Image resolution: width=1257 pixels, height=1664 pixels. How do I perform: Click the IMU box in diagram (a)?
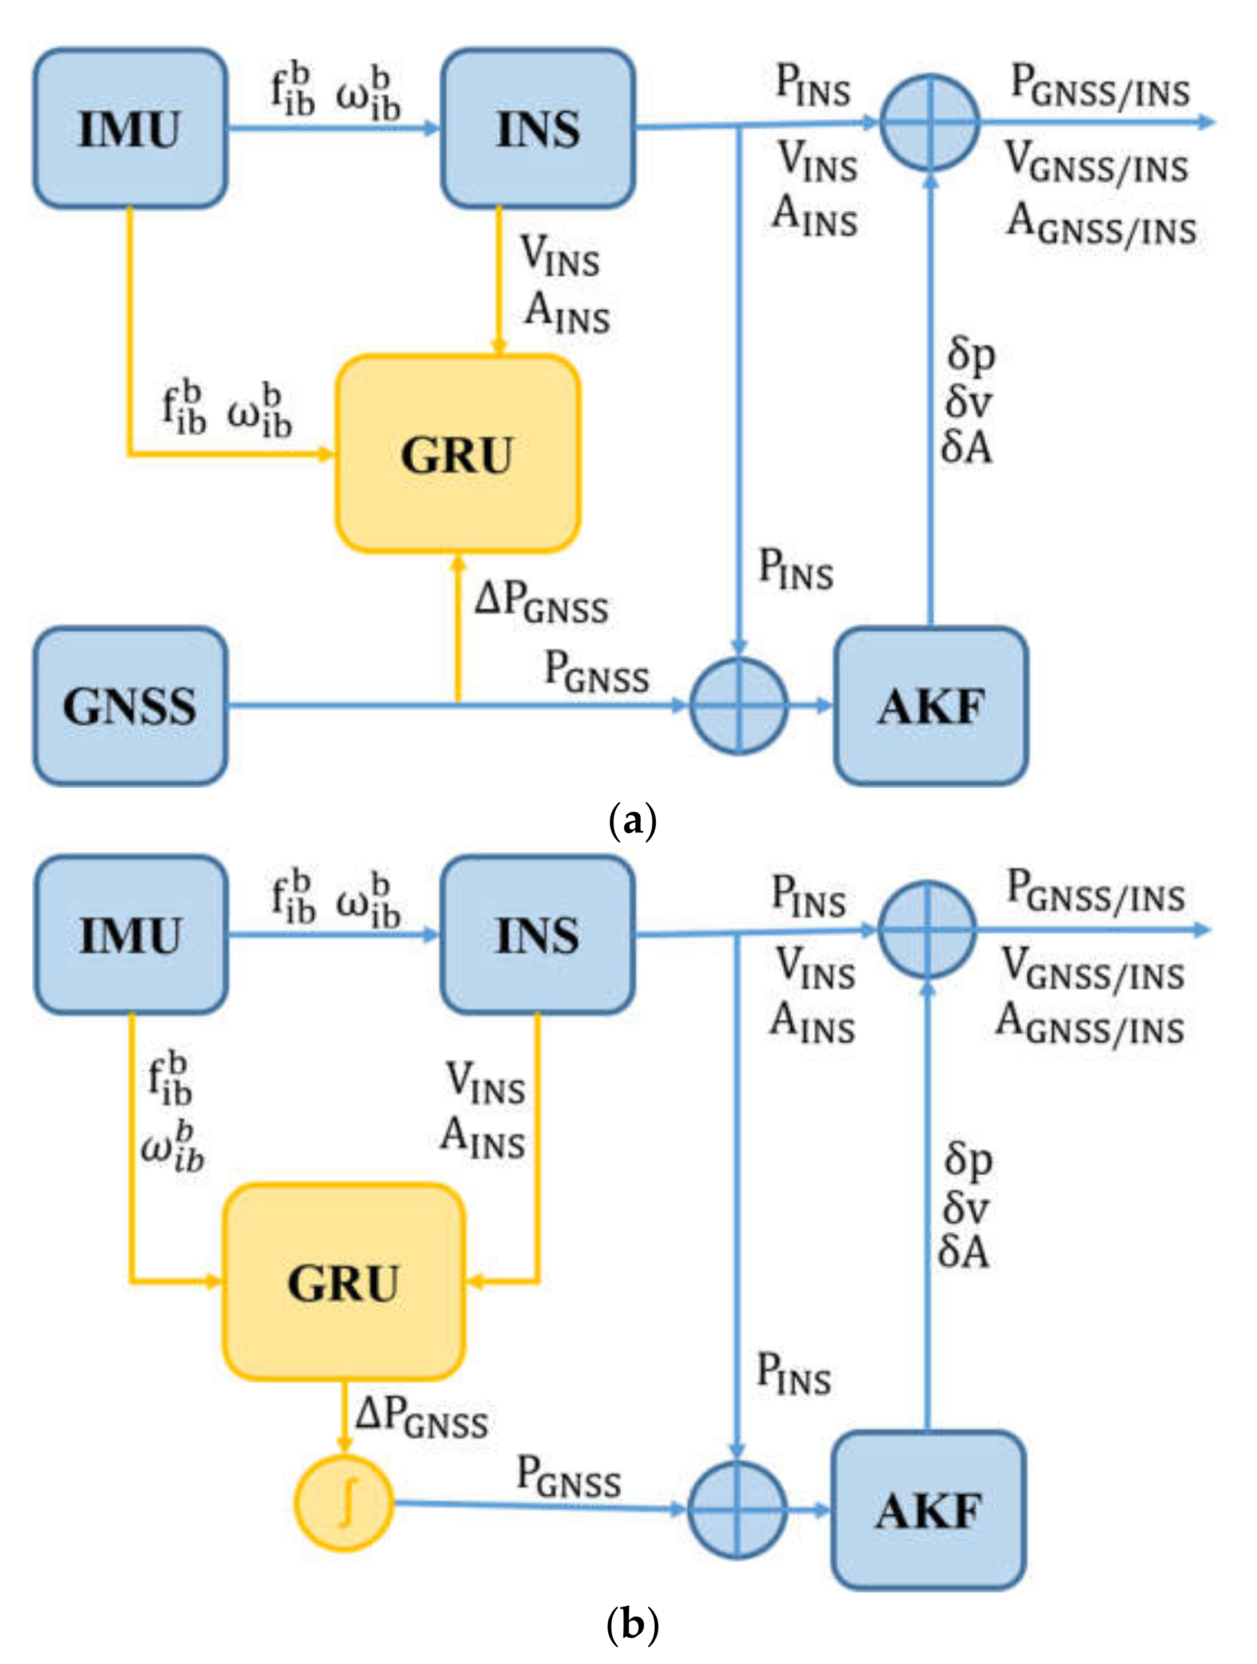point(129,129)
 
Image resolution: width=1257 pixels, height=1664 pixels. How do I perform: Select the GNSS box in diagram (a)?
point(129,706)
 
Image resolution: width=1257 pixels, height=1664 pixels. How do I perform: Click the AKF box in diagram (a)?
point(930,706)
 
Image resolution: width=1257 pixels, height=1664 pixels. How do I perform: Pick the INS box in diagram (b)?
point(537,935)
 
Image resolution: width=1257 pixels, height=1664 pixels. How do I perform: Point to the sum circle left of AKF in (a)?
point(739,705)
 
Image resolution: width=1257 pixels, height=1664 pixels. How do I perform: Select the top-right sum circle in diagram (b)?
point(928,930)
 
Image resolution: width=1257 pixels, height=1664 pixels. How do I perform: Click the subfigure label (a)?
point(632,821)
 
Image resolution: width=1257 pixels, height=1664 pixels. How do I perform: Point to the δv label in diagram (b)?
point(966,1208)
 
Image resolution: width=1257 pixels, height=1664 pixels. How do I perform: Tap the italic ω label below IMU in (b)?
point(172,1146)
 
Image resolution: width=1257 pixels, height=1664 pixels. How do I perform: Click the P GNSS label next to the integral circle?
point(569,1476)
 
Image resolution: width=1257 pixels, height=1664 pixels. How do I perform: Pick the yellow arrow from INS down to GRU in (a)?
point(498,278)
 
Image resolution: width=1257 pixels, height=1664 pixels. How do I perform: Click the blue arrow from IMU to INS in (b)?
point(333,935)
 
